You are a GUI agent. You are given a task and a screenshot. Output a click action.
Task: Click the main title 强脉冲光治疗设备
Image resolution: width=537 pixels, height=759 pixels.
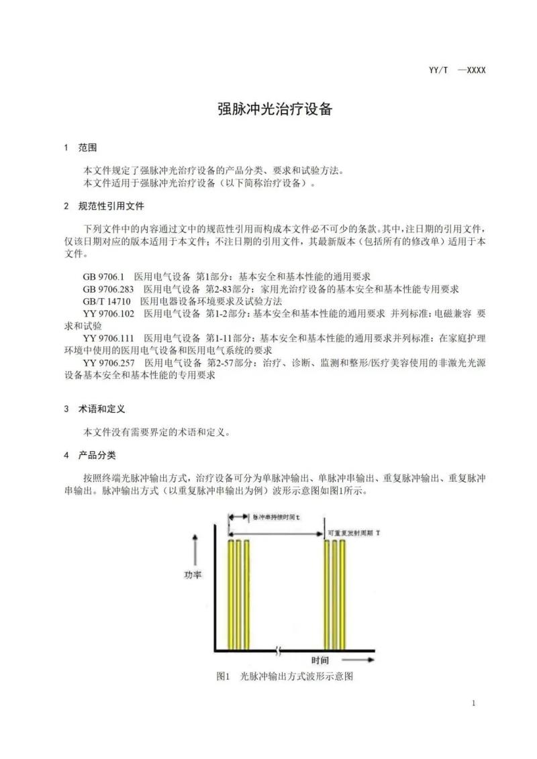pyautogui.click(x=275, y=109)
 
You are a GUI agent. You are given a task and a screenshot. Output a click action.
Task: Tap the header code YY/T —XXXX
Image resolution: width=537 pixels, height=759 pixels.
pyautogui.click(x=456, y=70)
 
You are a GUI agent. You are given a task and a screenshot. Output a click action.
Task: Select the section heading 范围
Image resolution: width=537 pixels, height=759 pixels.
pyautogui.click(x=88, y=148)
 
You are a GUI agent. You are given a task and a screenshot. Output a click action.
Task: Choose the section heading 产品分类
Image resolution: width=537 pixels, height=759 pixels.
pyautogui.click(x=97, y=455)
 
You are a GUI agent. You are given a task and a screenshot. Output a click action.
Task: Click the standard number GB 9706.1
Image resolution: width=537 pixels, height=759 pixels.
pyautogui.click(x=103, y=276)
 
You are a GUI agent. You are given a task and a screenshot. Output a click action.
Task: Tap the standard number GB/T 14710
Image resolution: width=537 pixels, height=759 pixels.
pyautogui.click(x=107, y=301)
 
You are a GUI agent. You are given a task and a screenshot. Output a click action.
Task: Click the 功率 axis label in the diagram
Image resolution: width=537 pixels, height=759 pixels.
pyautogui.click(x=193, y=575)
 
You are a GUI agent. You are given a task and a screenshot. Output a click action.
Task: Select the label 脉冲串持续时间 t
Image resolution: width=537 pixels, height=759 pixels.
pyautogui.click(x=277, y=517)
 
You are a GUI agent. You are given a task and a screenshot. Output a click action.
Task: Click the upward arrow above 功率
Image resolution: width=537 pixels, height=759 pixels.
pyautogui.click(x=195, y=549)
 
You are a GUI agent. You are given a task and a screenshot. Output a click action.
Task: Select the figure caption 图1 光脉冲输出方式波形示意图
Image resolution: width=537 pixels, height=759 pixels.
pyautogui.click(x=285, y=676)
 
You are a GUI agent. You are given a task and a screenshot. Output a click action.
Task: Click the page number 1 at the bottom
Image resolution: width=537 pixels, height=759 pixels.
pyautogui.click(x=474, y=703)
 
